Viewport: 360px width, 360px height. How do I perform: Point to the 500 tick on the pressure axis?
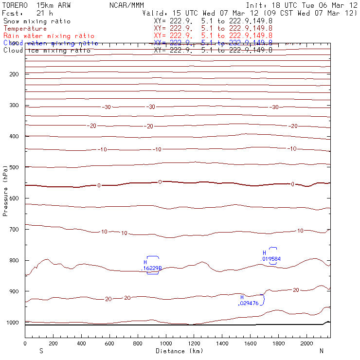15,167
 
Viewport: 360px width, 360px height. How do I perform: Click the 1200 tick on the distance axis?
194,343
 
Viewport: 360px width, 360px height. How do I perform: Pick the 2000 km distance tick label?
307,343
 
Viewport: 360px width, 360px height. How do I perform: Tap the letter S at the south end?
41,351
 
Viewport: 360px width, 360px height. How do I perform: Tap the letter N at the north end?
321,351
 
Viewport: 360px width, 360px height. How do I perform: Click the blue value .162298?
152,268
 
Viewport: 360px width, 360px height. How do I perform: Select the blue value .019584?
271,259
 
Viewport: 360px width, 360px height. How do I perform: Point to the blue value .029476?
248,303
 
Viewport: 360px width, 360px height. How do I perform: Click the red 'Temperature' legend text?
25,29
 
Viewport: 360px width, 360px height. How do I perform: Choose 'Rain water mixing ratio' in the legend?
49,36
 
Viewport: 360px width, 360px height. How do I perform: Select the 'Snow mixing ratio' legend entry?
36,21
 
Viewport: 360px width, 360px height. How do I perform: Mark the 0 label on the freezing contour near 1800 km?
292,184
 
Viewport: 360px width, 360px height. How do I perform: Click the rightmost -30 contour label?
274,107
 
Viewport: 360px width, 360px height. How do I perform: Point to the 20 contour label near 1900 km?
296,290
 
